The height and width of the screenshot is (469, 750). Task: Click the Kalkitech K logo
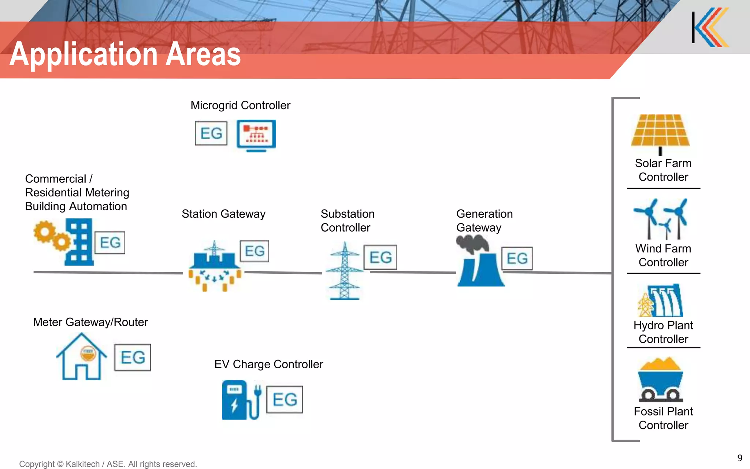click(x=710, y=27)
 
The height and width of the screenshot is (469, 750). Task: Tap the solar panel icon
click(x=660, y=131)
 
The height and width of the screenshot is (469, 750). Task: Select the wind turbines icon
click(x=661, y=219)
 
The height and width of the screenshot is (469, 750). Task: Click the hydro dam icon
click(x=661, y=300)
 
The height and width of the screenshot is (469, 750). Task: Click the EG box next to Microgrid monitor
click(x=211, y=133)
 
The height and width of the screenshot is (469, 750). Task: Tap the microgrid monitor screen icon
click(x=256, y=135)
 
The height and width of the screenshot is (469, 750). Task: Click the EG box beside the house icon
click(x=133, y=357)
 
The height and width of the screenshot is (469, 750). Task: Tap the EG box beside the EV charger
click(x=285, y=399)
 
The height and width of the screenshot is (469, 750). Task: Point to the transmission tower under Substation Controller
click(x=344, y=271)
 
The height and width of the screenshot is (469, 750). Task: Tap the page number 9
click(x=739, y=458)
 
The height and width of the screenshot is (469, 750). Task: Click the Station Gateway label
click(x=223, y=214)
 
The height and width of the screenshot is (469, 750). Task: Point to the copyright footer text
click(x=108, y=464)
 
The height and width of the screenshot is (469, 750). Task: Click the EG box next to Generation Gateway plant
click(x=517, y=258)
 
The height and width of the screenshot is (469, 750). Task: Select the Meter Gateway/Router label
click(x=90, y=322)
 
